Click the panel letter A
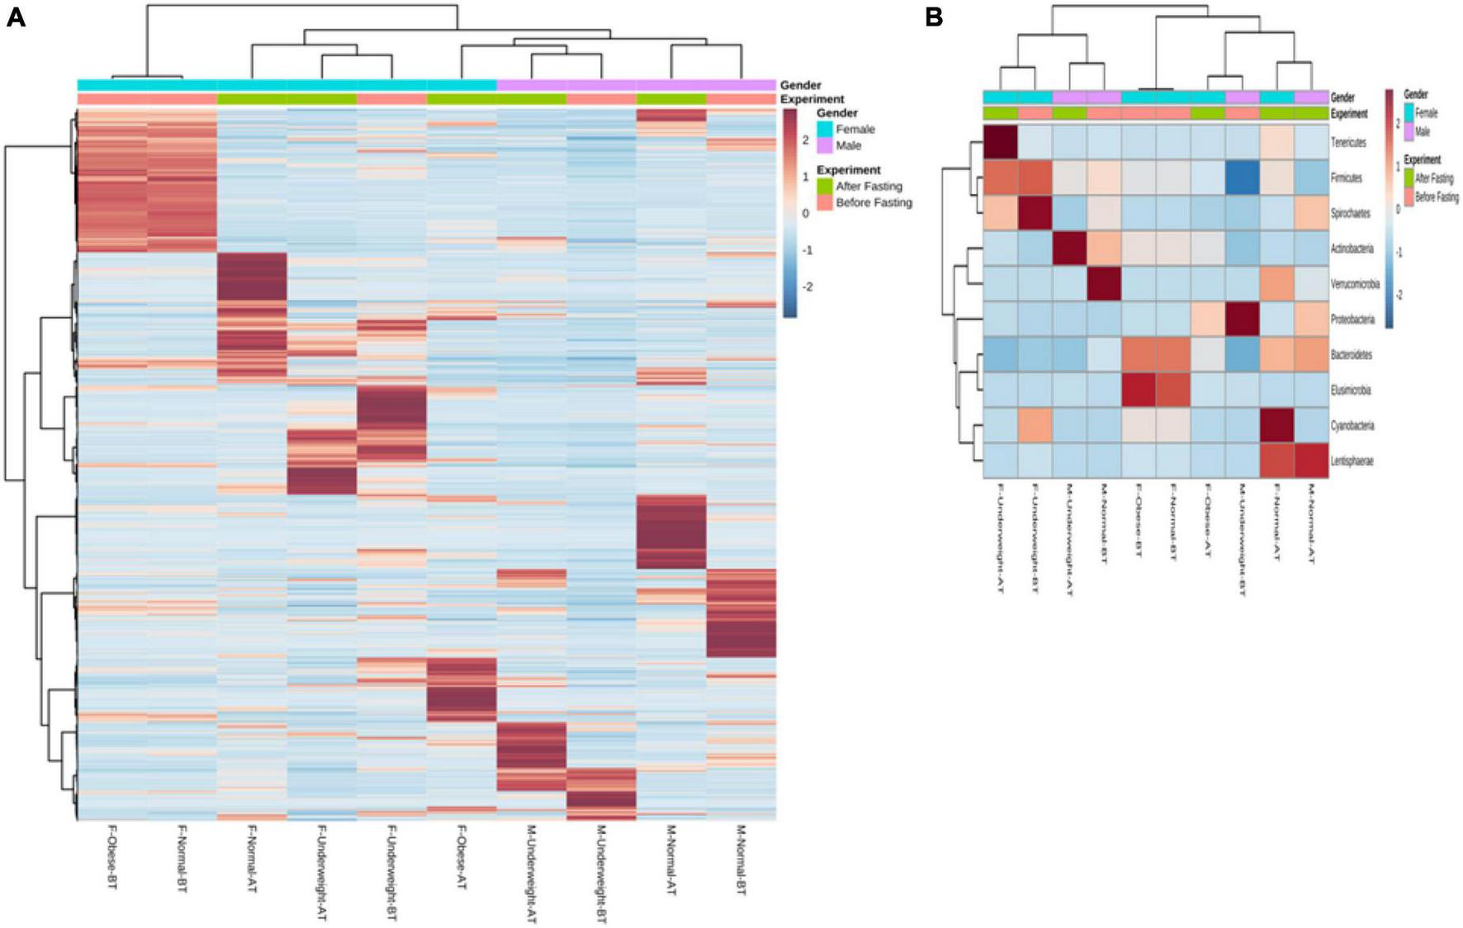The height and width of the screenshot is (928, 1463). pyautogui.click(x=16, y=17)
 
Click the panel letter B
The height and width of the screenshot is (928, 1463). pyautogui.click(x=934, y=17)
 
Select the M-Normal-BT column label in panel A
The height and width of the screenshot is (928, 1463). pyautogui.click(x=741, y=859)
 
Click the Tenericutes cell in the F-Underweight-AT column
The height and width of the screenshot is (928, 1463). pyautogui.click(x=1000, y=142)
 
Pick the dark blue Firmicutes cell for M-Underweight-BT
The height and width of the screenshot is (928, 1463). pyautogui.click(x=1243, y=178)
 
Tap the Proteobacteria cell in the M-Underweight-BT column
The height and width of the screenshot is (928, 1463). pyautogui.click(x=1243, y=319)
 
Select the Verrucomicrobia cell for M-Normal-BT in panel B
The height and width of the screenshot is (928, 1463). pyautogui.click(x=1104, y=283)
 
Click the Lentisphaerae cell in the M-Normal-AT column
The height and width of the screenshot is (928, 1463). pyautogui.click(x=1311, y=461)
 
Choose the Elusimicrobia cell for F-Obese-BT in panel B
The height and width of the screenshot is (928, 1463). pyautogui.click(x=1139, y=390)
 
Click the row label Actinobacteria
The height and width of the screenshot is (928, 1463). pyautogui.click(x=1352, y=249)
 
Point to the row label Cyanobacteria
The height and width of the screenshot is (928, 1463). pyautogui.click(x=1352, y=425)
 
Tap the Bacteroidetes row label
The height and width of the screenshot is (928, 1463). pyautogui.click(x=1351, y=355)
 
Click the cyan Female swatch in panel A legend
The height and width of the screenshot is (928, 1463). pyautogui.click(x=825, y=129)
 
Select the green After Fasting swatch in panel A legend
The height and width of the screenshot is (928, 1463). pyautogui.click(x=825, y=187)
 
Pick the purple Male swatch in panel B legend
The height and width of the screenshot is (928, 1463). pyautogui.click(x=1410, y=131)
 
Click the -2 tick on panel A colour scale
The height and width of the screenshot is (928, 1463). pyautogui.click(x=807, y=286)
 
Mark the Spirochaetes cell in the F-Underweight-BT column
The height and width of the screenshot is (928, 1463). pyautogui.click(x=1035, y=213)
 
